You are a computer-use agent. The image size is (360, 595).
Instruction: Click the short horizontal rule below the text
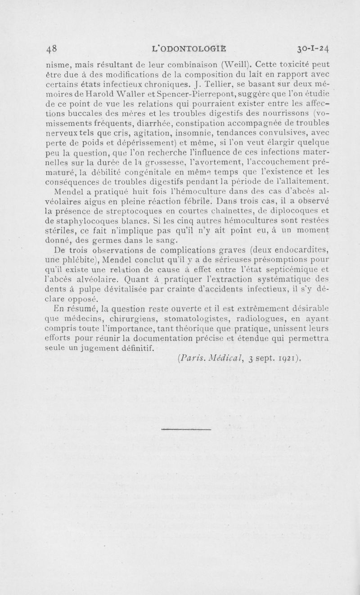(185, 429)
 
